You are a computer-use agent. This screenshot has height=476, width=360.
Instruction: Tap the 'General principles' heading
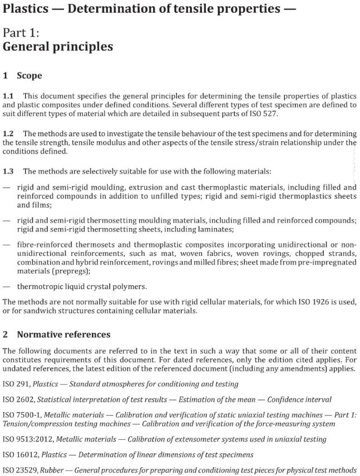click(58, 47)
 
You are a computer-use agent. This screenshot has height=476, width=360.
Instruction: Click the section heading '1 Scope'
click(23, 75)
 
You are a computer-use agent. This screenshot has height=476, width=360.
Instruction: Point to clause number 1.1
click(9, 96)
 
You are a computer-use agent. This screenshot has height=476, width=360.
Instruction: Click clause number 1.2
click(9, 133)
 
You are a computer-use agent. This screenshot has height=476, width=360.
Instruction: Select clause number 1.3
click(9, 171)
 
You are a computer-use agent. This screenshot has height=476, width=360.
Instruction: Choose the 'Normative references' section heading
click(63, 335)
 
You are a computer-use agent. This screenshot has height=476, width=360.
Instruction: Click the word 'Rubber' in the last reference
click(52, 470)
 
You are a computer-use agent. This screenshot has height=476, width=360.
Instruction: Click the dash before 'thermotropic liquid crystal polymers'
click(6, 287)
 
